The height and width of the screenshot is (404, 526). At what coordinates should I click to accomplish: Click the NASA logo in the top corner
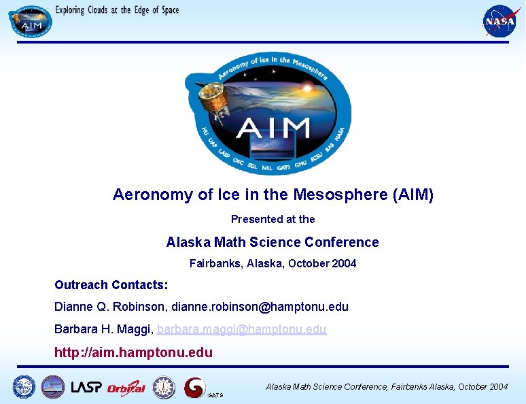click(499, 21)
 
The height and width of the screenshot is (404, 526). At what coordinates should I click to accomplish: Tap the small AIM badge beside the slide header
click(30, 21)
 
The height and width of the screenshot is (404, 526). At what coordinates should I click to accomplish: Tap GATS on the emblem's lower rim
click(283, 167)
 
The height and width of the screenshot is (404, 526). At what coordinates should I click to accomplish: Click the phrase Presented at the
click(273, 219)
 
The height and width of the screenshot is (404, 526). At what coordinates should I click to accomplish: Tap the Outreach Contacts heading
click(111, 284)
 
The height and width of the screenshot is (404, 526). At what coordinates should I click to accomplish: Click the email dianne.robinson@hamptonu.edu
click(260, 307)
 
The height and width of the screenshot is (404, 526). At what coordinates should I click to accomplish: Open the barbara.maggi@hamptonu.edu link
click(241, 329)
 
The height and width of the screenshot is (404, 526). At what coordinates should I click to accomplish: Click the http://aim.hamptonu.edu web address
click(133, 352)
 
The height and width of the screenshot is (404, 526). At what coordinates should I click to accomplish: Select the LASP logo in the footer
click(86, 387)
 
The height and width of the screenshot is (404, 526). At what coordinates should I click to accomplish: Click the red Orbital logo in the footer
click(126, 388)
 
